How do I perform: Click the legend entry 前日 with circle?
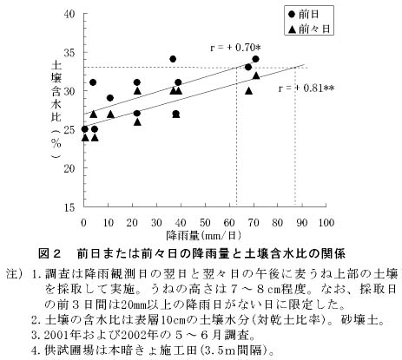(x=305, y=14)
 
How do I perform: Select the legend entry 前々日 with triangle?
(x=309, y=29)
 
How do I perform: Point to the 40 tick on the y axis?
(x=69, y=14)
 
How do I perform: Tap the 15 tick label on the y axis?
(x=69, y=206)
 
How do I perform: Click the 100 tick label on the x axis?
(x=326, y=222)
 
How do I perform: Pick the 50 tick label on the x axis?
(x=205, y=222)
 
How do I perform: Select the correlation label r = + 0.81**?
(x=306, y=88)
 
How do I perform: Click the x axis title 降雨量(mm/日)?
(x=204, y=235)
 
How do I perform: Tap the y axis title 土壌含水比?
(x=56, y=90)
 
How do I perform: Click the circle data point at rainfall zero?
(x=84, y=129)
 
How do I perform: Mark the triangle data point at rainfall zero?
(x=85, y=137)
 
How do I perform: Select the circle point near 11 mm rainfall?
(x=110, y=98)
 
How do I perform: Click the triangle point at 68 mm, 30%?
(x=248, y=91)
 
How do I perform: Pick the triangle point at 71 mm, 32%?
(x=256, y=75)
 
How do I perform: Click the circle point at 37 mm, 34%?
(x=173, y=59)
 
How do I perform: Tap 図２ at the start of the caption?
(x=49, y=253)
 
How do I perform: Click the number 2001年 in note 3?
(x=62, y=335)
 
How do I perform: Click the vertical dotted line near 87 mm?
(x=295, y=136)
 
